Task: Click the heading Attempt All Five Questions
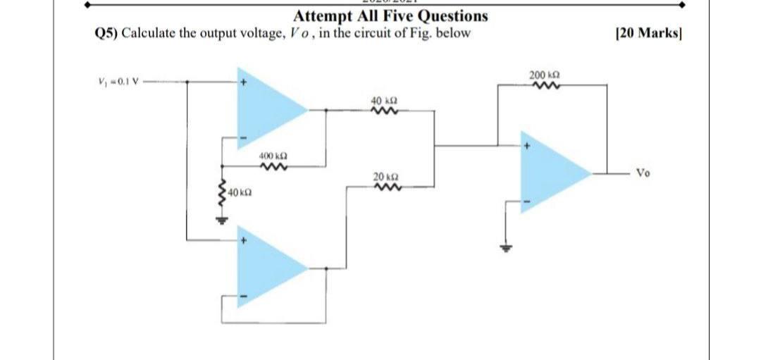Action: [390, 15]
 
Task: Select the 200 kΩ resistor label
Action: [542, 75]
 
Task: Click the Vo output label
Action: [644, 172]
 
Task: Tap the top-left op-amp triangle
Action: [268, 108]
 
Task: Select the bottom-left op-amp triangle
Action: [268, 268]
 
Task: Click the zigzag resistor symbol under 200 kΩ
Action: [542, 86]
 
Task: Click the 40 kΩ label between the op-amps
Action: [384, 101]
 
